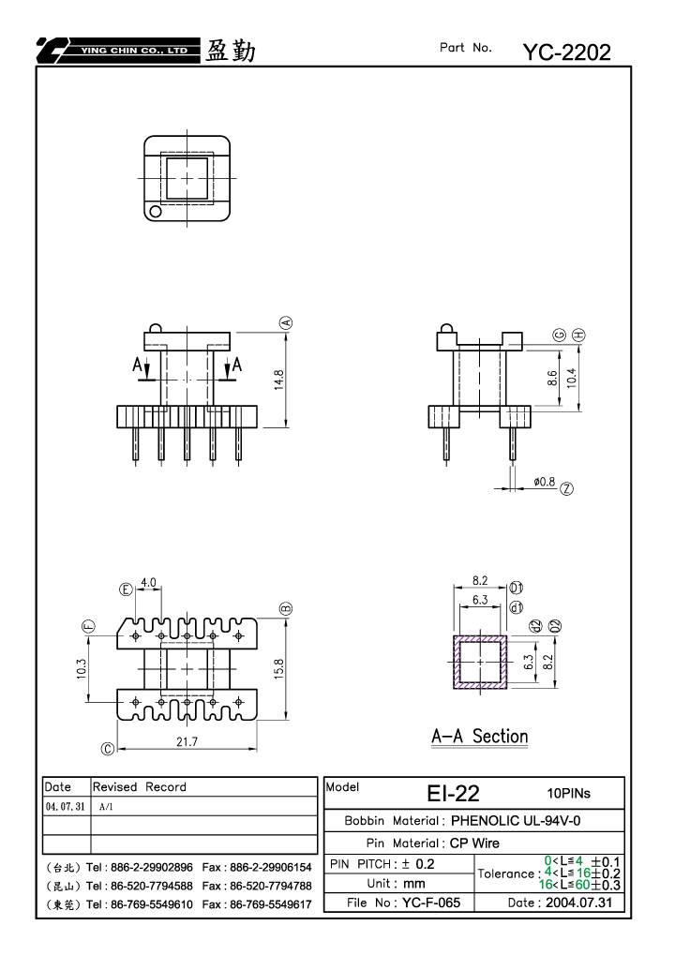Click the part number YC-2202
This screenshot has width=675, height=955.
566,52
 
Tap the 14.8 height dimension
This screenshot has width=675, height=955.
279,380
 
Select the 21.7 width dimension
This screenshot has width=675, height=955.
187,742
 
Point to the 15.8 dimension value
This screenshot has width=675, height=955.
279,669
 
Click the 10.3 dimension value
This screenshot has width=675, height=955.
82,669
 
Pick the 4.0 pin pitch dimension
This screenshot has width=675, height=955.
149,583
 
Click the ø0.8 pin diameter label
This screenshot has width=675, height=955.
544,482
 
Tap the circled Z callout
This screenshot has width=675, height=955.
566,488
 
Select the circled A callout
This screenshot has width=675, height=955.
286,322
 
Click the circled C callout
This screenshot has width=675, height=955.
108,749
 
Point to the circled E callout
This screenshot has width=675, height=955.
127,589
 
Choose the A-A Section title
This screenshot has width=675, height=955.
479,737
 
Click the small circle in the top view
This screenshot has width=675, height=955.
156,212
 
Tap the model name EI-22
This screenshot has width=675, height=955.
453,793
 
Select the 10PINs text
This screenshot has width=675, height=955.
568,793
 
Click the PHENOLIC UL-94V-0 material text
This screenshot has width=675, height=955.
516,821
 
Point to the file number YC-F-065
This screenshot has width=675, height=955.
431,903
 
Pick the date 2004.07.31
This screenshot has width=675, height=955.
578,903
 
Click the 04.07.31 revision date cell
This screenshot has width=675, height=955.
66,806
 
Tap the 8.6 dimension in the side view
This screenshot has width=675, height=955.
552,379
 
